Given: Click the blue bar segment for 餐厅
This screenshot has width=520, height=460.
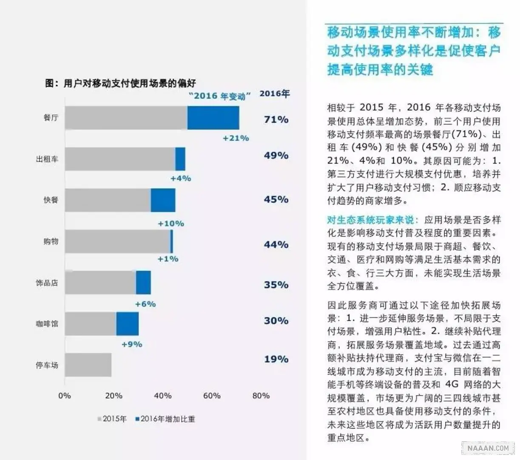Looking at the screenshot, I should pos(213,118).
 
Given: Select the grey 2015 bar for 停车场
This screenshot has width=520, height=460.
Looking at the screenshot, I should pos(88,365).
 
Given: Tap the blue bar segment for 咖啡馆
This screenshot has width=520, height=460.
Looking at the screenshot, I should pos(127,324).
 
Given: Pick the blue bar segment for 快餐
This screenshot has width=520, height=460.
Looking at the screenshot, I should pos(163,200).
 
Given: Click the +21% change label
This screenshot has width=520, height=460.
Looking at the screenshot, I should pos(236,138).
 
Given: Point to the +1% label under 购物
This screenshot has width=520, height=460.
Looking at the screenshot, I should pos(168,259).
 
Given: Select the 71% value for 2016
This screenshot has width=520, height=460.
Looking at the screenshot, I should pos(276,120).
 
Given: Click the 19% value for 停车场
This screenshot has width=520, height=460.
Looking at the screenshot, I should pos(276,359).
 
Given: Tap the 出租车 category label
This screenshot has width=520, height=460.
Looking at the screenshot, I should pos(47,159).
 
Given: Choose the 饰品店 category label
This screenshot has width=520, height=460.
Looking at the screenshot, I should pos(47,283).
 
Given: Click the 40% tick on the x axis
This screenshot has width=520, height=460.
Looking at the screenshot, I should pos(162,396).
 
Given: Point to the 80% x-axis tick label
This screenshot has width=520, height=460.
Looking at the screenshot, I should pos(261,396).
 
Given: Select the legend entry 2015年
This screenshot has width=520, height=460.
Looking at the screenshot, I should pos(112,419).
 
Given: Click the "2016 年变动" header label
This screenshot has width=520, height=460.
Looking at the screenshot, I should pos(219,96).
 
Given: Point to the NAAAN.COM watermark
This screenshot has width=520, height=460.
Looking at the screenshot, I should pos(488,448).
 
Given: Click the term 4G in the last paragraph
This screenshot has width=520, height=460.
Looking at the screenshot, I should pos(452,385).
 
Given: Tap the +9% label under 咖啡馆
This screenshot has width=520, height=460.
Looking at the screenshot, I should pos(132,344).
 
